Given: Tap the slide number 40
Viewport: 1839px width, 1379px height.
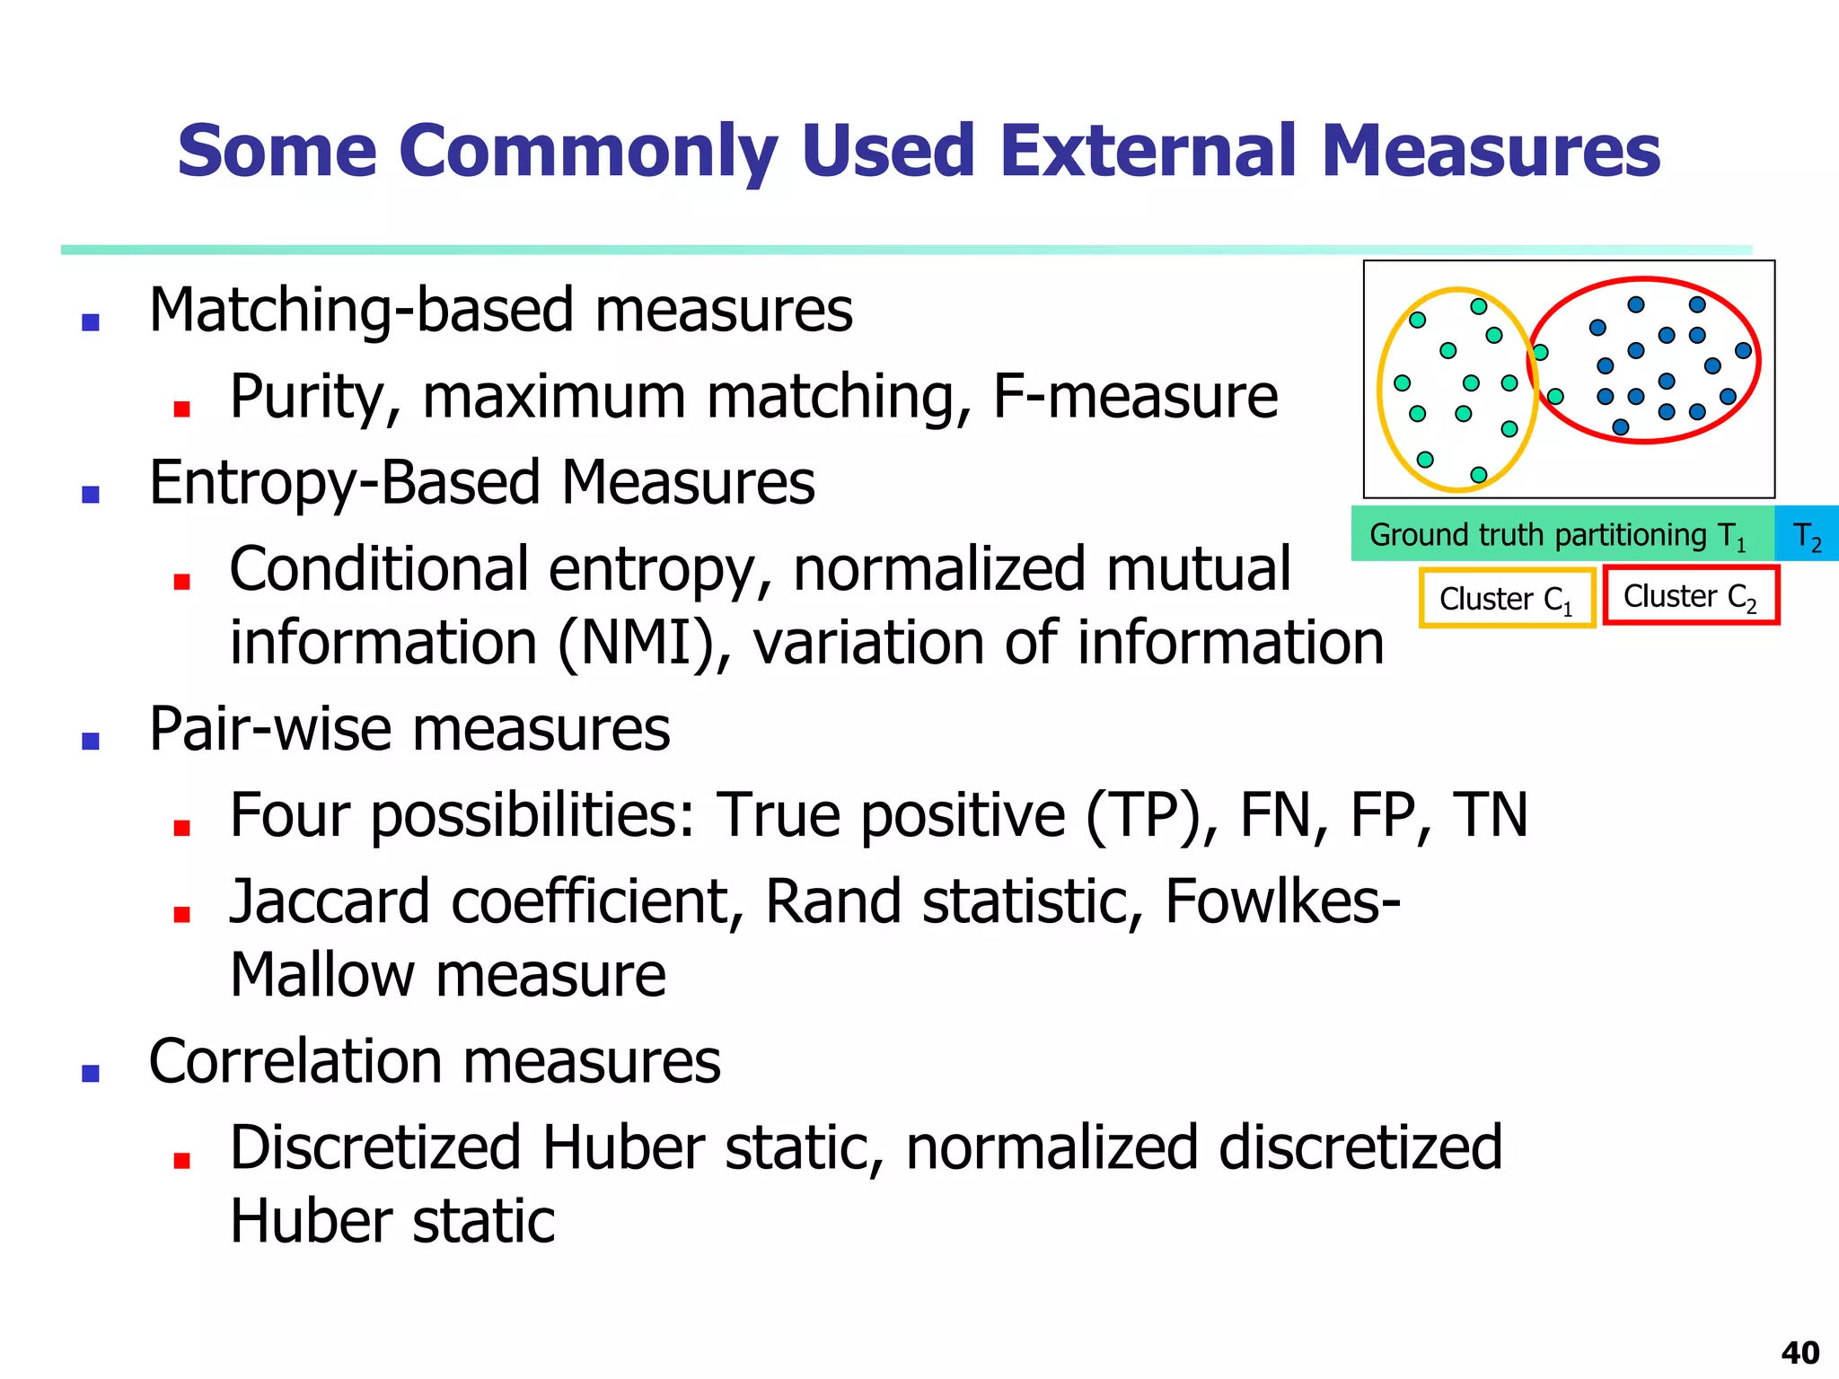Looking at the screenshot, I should click(1799, 1352).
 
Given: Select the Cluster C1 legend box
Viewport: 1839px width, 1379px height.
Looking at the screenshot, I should click(1506, 598).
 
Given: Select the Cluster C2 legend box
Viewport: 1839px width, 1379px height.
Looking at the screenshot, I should click(1690, 595).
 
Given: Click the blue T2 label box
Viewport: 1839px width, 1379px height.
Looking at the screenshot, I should click(1807, 535).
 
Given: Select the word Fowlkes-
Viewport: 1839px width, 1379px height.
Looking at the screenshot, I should click(1281, 901).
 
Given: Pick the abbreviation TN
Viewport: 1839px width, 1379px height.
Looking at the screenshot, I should click(1491, 815).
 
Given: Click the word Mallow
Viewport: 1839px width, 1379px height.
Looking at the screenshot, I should click(321, 975).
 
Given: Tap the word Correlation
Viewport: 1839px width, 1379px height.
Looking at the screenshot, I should click(295, 1061).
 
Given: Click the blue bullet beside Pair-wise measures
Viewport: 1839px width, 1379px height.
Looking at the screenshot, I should click(91, 740).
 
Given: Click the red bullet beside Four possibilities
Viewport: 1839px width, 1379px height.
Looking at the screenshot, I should click(181, 827).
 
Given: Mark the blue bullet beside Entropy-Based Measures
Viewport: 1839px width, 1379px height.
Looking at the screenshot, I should click(91, 494).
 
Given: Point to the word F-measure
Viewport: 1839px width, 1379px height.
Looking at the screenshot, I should click(1134, 396).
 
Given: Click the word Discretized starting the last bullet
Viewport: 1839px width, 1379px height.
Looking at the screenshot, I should click(375, 1147).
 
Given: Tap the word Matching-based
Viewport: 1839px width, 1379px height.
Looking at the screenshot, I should click(360, 311).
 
